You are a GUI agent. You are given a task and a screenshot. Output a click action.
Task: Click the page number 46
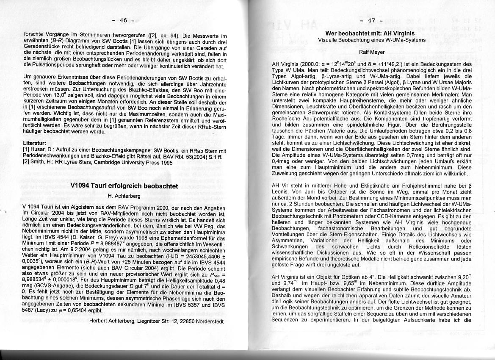pyautogui.click(x=123, y=20)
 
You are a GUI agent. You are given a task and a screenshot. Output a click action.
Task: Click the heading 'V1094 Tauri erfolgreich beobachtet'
pyautogui.click(x=124, y=186)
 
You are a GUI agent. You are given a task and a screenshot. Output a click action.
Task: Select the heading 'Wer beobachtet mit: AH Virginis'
pyautogui.click(x=370, y=33)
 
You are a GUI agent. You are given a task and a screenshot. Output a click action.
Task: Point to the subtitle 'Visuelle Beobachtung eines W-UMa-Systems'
pyautogui.click(x=371, y=40)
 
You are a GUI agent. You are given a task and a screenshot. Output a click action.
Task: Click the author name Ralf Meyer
pyautogui.click(x=371, y=52)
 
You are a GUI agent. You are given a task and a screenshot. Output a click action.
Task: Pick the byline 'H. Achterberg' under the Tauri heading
pyautogui.click(x=124, y=196)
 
